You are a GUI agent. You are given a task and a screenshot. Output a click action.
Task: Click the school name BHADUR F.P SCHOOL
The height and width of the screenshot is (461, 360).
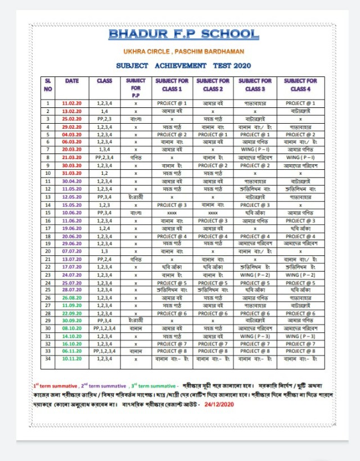183,34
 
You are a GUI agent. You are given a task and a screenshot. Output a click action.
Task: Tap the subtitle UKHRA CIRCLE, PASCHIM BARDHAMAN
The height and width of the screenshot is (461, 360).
183,52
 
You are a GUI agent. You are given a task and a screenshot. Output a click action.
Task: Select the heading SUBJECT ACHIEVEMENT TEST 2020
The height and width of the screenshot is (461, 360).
183,66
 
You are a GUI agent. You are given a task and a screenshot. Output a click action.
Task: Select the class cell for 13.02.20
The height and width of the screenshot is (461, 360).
105,111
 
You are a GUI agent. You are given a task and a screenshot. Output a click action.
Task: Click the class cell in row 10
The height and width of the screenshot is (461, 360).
105,174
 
